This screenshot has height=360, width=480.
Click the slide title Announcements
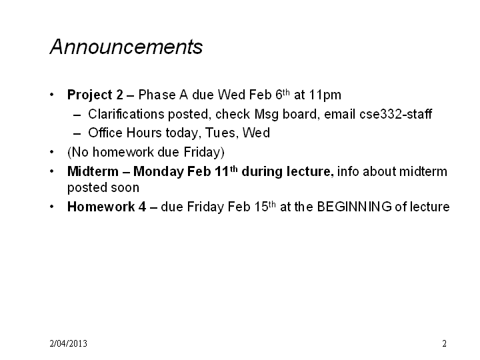126,47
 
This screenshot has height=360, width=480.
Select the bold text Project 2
95,95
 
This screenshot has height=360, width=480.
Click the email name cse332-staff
395,114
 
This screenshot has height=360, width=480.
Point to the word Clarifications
127,114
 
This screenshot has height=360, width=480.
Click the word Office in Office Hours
105,133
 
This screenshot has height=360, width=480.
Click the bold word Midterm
93,171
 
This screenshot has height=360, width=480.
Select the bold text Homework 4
107,207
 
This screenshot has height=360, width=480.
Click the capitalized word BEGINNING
354,207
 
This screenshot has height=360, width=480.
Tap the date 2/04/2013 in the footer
68,343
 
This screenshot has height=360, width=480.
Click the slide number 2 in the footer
444,343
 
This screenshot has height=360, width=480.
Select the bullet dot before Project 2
52,95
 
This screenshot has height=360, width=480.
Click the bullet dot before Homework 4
52,207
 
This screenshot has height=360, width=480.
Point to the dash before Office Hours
77,134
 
